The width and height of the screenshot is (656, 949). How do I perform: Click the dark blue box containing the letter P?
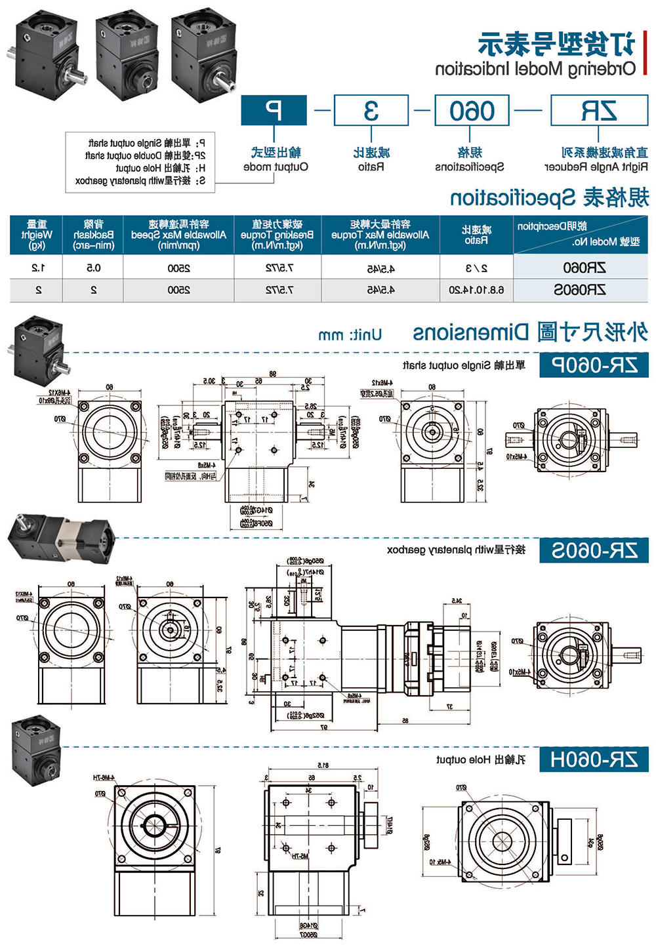[x=274, y=110]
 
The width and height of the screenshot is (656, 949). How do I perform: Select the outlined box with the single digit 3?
[x=371, y=110]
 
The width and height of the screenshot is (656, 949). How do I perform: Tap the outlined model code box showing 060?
[x=472, y=110]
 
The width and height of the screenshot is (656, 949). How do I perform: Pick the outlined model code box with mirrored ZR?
[x=598, y=110]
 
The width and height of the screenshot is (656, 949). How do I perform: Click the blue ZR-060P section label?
[x=594, y=365]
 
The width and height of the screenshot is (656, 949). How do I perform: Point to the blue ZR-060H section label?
[x=594, y=759]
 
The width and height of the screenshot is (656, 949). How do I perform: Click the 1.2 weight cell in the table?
[x=37, y=268]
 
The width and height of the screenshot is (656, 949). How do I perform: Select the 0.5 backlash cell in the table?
[x=94, y=268]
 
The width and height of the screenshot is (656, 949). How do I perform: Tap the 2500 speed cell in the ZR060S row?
[x=178, y=289]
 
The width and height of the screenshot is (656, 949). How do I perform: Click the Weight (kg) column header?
[x=37, y=235]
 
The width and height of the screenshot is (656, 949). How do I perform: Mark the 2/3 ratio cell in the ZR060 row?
[x=476, y=268]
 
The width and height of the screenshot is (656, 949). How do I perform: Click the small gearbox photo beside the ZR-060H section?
[x=37, y=751]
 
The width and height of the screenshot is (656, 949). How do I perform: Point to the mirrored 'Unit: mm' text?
[x=350, y=335]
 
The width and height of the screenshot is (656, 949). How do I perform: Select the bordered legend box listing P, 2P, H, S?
[x=140, y=162]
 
